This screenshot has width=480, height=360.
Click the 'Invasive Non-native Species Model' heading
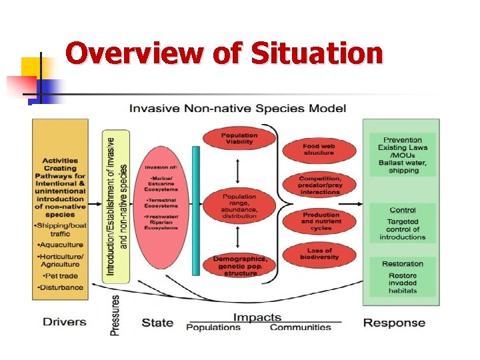pyautogui.click(x=237, y=108)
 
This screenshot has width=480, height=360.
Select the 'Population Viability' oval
pyautogui.click(x=239, y=138)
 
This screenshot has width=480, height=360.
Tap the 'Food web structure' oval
pyautogui.click(x=318, y=149)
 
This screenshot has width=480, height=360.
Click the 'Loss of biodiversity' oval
pyautogui.click(x=319, y=253)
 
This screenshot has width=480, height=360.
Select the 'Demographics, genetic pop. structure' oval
pyautogui.click(x=239, y=265)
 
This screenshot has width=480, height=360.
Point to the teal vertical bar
pyautogui.click(x=195, y=210)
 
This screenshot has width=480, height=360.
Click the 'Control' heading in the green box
pyautogui.click(x=403, y=210)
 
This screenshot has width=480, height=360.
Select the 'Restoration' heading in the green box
pyautogui.click(x=403, y=264)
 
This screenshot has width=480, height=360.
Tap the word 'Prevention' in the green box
pyautogui.click(x=403, y=139)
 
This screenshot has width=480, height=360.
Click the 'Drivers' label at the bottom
pyautogui.click(x=65, y=322)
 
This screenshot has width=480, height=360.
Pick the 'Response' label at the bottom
pyautogui.click(x=394, y=323)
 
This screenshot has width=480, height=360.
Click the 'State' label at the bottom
pyautogui.click(x=157, y=323)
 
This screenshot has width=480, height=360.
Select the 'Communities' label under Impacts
pyautogui.click(x=300, y=327)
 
